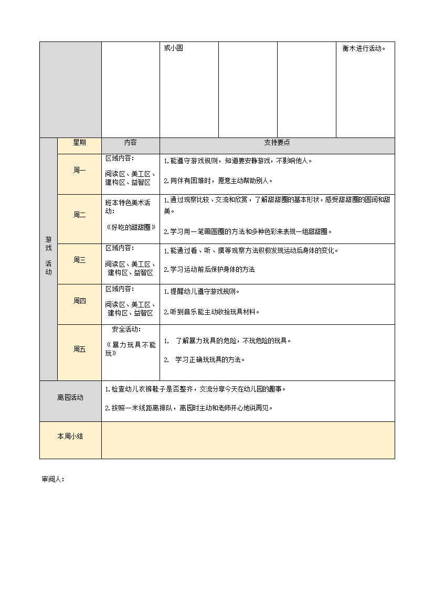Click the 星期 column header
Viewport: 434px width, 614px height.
coord(79,142)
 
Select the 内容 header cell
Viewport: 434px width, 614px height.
coord(130,142)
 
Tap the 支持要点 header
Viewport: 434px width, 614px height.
coord(277,142)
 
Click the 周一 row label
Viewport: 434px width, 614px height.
coord(79,170)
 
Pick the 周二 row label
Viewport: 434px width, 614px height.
coord(79,215)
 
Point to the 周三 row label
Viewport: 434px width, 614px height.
coord(79,260)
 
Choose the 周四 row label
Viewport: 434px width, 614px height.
coord(79,301)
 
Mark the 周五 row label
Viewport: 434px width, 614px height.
coord(79,349)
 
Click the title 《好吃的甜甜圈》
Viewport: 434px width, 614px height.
coord(131,227)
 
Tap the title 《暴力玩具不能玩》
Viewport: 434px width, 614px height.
coord(131,349)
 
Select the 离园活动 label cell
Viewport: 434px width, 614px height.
coord(70,398)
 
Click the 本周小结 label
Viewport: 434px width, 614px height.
coord(70,436)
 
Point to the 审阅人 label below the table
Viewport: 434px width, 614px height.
coord(52,479)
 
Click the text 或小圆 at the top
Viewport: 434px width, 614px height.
coord(173,48)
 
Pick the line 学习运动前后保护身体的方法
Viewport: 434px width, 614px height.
coord(209,270)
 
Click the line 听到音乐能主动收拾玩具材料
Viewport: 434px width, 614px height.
coord(211,312)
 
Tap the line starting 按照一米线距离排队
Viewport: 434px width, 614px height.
coord(189,408)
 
